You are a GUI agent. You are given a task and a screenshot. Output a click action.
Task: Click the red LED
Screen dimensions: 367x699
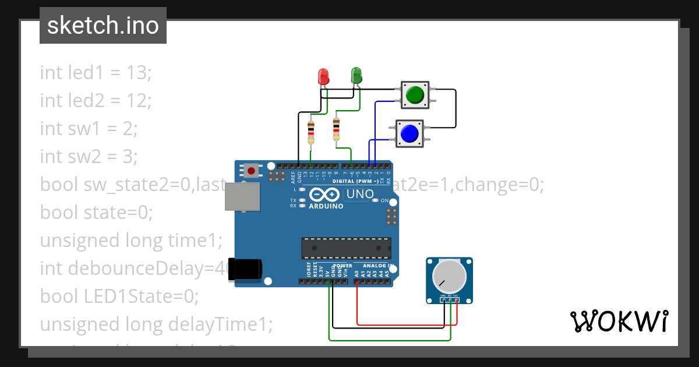pos(323,76)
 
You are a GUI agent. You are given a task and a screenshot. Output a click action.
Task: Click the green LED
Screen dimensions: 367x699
pos(356,75)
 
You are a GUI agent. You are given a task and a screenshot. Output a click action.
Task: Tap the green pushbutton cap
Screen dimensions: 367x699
pos(415,94)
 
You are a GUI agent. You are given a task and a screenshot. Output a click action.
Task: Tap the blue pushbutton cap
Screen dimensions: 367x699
pos(409,133)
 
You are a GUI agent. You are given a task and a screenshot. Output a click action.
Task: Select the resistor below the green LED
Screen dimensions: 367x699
pos(336,129)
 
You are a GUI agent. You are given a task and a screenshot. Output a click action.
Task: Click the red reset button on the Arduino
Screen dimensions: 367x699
pos(251,171)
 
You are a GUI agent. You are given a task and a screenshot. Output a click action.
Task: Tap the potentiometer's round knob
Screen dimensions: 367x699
pos(449,277)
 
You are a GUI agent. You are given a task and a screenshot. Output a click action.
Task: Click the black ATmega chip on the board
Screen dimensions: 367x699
pos(346,248)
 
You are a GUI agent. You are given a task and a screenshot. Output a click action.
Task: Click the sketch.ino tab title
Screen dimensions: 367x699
pos(103,26)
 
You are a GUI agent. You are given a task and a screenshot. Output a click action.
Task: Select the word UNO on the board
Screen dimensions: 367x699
pos(359,194)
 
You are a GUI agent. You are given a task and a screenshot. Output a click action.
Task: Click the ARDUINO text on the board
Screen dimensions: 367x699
pos(326,206)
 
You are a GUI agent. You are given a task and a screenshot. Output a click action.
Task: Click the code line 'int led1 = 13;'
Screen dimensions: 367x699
pos(96,73)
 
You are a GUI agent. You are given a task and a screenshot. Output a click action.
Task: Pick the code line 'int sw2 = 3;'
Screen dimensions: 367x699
pos(89,157)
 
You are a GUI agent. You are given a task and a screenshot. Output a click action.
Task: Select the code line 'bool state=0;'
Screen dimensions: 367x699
pos(96,213)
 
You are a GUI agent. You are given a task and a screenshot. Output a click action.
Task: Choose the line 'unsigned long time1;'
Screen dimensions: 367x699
pos(131,241)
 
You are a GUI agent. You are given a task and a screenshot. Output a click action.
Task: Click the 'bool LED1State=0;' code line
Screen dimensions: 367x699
pos(119,296)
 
